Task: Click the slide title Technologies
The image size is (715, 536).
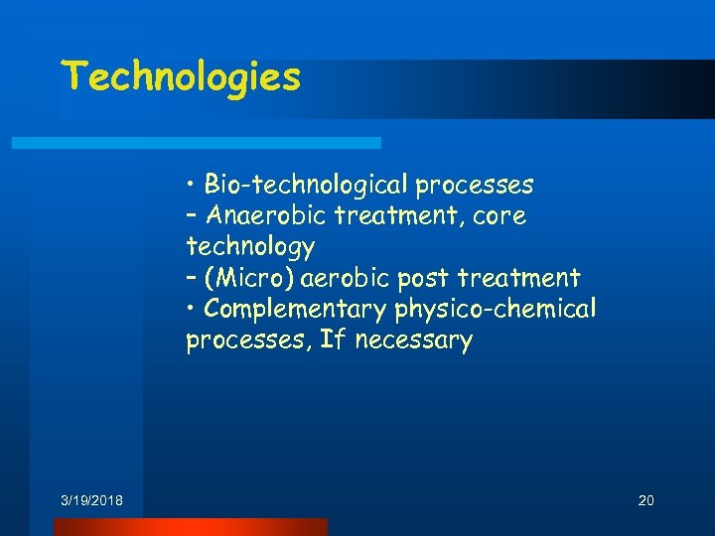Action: tap(181, 77)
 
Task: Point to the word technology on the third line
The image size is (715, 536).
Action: tap(249, 246)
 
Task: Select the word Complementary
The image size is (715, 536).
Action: tap(295, 310)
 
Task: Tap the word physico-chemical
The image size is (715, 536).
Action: tap(496, 310)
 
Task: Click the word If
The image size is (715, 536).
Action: tap(331, 340)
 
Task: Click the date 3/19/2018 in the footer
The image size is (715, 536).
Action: tap(91, 500)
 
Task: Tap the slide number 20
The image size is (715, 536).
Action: tap(645, 500)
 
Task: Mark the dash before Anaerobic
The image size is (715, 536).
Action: tap(191, 216)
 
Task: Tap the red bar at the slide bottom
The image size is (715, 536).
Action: tap(190, 527)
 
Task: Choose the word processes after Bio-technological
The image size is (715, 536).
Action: tap(475, 185)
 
